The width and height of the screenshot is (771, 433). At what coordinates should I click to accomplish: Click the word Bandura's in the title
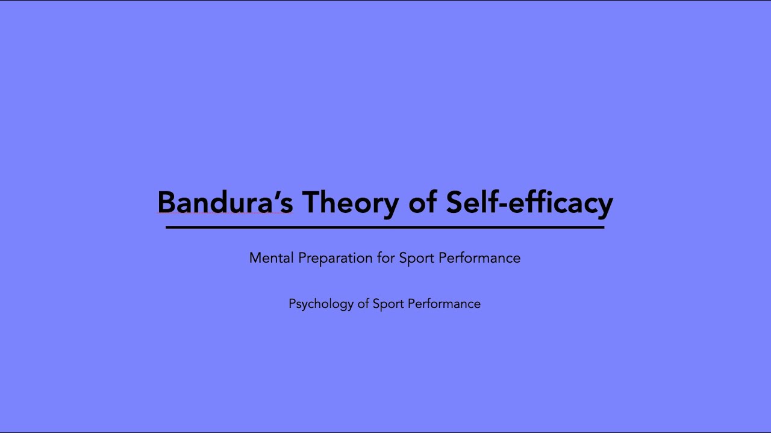(x=225, y=203)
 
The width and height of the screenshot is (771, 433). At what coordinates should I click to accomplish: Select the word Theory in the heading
(x=350, y=203)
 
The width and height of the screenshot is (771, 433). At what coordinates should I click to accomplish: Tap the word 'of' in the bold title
(x=422, y=203)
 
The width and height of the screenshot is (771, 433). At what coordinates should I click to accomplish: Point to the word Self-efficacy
(x=529, y=203)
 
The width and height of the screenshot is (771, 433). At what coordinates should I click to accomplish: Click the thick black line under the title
(x=385, y=227)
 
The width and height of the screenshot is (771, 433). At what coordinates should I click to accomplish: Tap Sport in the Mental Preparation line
(x=416, y=258)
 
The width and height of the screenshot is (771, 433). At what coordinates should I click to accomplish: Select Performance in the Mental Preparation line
(x=479, y=258)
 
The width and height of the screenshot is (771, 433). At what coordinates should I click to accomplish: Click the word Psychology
(x=320, y=304)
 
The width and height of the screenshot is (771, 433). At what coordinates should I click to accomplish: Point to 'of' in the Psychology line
(x=363, y=304)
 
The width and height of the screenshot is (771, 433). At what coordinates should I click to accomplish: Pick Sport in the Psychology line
(x=388, y=304)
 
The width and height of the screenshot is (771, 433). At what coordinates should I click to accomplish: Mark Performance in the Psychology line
(x=444, y=304)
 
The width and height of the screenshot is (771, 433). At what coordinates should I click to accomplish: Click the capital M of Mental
(x=255, y=258)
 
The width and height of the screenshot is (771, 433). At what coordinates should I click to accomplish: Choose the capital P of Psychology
(x=292, y=304)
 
